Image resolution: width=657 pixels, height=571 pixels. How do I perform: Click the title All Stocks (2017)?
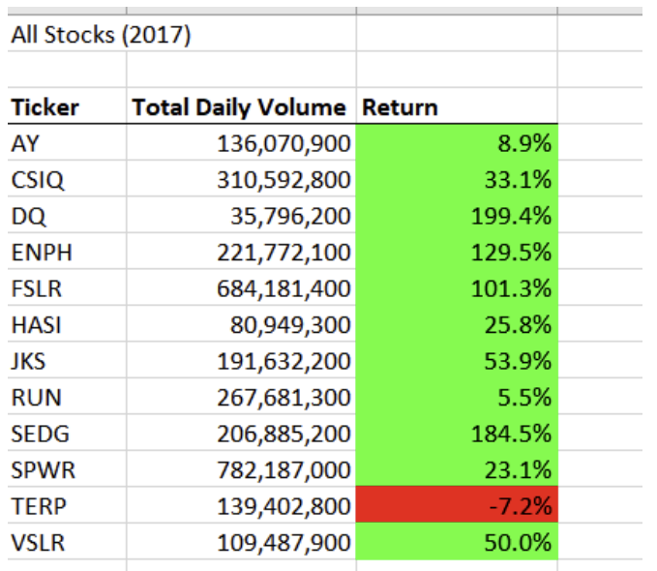click(x=101, y=36)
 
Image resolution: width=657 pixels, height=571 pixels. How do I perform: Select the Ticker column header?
click(x=45, y=106)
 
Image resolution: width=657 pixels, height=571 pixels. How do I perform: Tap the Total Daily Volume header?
click(x=238, y=106)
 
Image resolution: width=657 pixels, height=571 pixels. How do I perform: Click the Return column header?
click(x=400, y=106)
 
